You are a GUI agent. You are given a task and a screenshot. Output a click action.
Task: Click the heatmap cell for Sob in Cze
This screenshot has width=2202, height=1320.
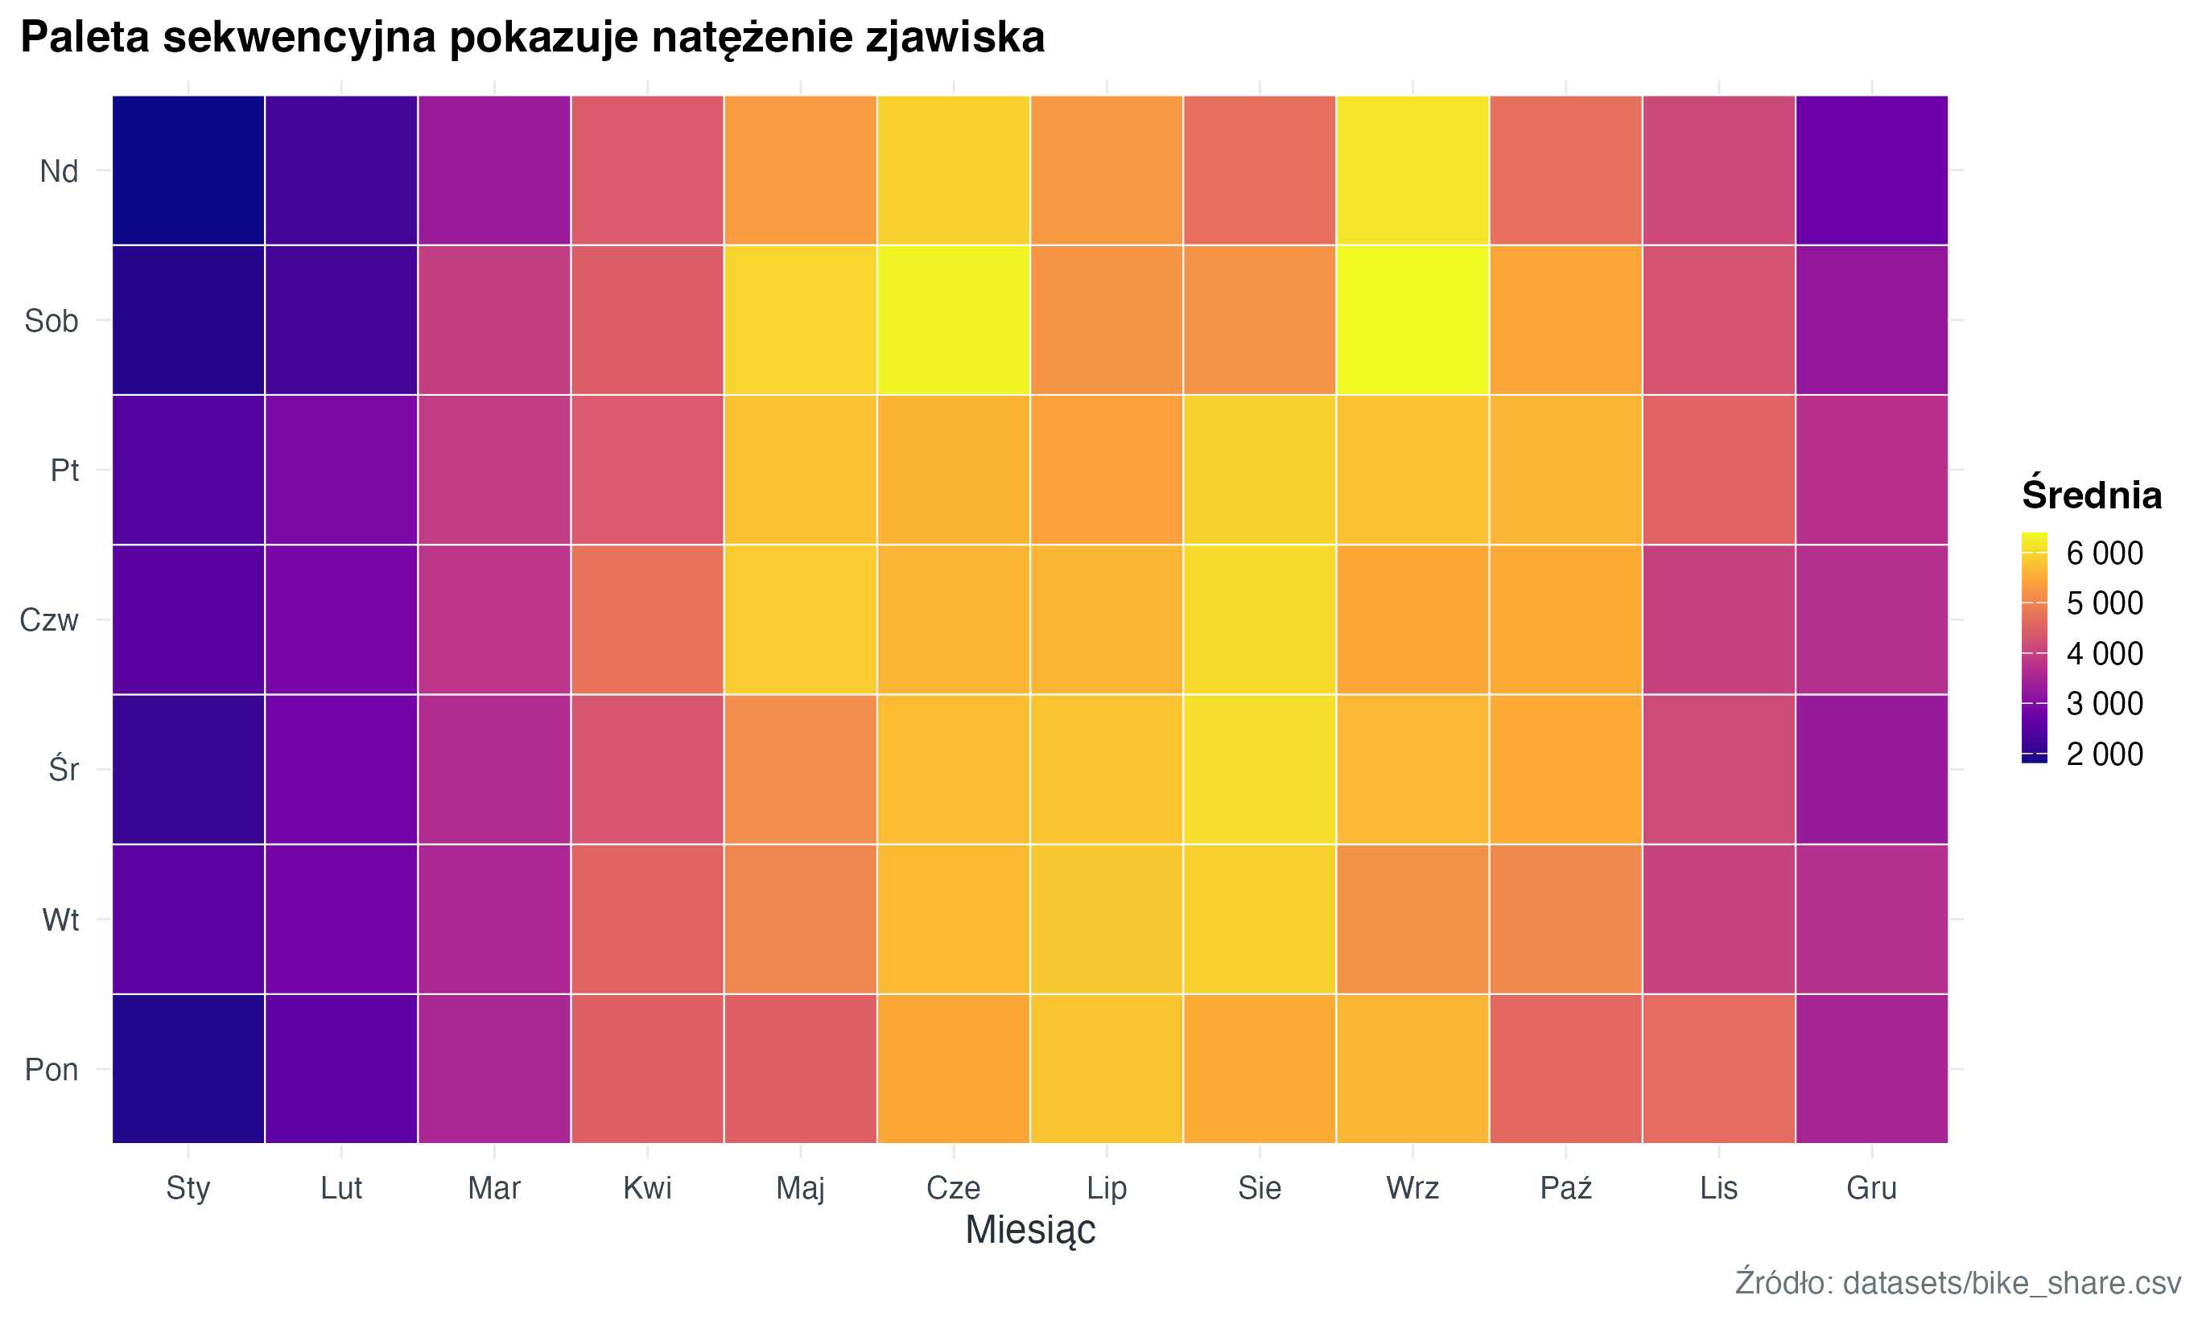(953, 320)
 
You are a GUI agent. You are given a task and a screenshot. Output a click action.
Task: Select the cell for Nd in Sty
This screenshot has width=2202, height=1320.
(188, 170)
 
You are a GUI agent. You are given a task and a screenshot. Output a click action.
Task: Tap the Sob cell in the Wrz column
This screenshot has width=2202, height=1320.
(1412, 320)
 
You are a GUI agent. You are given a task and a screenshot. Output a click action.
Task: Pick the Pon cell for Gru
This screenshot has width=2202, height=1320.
(1871, 1068)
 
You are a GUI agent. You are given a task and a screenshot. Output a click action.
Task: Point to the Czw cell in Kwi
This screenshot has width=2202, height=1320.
(647, 619)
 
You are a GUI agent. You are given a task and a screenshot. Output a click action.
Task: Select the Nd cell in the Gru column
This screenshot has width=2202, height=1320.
(1871, 170)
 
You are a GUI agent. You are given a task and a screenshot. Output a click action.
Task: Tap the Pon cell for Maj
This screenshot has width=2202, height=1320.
(800, 1068)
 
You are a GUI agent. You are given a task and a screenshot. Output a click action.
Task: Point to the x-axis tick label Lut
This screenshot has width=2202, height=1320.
(340, 1188)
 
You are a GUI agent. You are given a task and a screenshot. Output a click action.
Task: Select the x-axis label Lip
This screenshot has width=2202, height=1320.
(1106, 1188)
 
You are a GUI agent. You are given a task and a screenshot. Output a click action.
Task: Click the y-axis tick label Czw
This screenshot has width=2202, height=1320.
(49, 620)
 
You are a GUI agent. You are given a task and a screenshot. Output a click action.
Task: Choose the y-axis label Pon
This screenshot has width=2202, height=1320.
(52, 1069)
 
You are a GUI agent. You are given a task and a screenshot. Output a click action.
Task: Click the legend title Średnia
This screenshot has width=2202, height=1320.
(2091, 495)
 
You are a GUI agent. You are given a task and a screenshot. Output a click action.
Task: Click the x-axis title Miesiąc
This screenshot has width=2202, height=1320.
(1029, 1230)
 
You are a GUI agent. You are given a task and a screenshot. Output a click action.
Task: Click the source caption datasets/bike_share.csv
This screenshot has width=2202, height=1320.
(2010, 1283)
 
